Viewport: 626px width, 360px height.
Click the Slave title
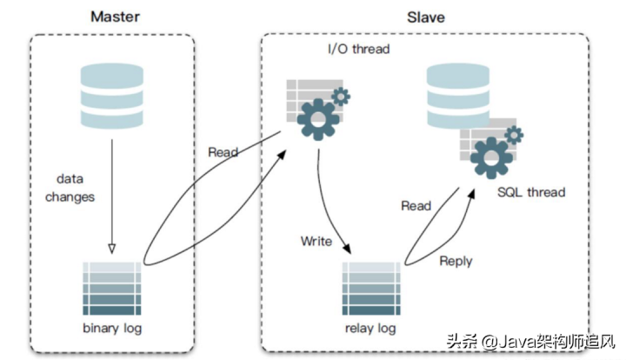tap(425, 17)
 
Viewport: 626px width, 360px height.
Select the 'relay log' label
tap(370, 328)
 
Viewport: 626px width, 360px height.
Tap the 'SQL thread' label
tap(531, 191)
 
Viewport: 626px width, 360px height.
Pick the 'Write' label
tap(316, 240)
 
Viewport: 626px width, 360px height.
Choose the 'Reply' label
tap(456, 260)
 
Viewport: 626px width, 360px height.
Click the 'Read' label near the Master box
tap(223, 152)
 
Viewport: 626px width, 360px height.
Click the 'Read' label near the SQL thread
tap(416, 206)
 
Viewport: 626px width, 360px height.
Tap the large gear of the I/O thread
tap(317, 119)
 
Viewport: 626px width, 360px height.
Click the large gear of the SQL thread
tap(491, 159)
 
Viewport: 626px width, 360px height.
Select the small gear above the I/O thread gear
tap(342, 95)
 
